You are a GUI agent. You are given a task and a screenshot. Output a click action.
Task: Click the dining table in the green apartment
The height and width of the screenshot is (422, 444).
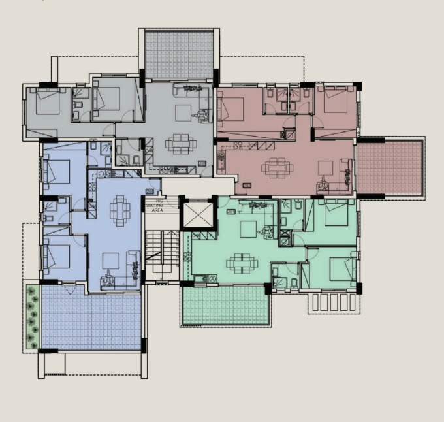tap(237, 263)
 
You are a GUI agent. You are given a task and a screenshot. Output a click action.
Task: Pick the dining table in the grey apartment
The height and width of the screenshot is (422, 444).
tap(179, 142)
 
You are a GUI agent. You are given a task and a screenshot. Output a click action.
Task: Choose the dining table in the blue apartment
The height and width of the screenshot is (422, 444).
tap(119, 208)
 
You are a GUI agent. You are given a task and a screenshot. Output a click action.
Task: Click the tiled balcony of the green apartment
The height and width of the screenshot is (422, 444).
tap(225, 304)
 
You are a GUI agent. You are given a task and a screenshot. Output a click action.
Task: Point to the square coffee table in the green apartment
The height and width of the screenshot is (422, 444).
tap(248, 229)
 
